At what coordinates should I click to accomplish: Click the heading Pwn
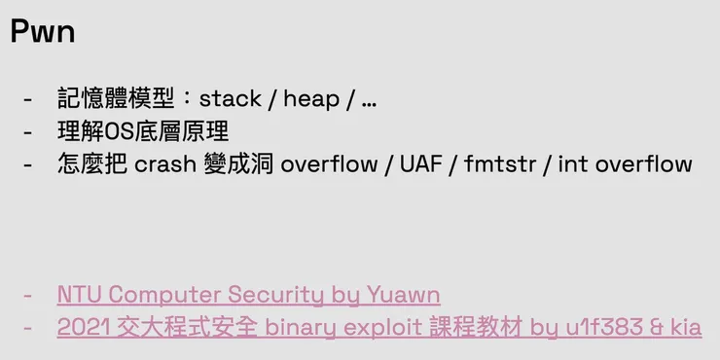[43, 32]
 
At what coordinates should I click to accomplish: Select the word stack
[231, 98]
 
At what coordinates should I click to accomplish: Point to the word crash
[165, 163]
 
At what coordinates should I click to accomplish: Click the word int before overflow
[572, 163]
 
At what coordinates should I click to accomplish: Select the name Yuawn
[404, 294]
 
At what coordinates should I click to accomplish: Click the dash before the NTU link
[27, 294]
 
